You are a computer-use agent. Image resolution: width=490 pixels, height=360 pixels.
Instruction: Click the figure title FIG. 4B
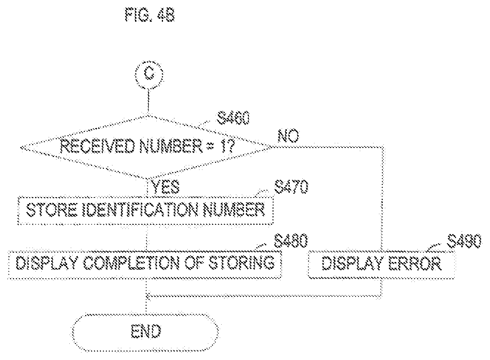point(150,14)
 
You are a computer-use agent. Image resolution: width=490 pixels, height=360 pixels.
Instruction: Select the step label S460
point(233,118)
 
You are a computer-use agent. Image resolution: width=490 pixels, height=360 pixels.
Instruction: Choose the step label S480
point(291,241)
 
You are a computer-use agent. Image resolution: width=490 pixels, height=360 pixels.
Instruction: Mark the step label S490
point(464,241)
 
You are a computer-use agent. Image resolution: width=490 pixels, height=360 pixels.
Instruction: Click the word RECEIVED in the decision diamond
point(97,146)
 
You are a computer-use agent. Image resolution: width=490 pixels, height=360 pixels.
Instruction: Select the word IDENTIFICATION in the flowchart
point(140,210)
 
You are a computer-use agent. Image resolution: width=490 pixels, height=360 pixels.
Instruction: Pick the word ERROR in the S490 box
point(414,263)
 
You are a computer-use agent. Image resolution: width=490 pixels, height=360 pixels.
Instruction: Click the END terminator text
point(146,331)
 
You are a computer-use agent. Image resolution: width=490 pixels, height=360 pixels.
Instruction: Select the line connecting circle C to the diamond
point(149,101)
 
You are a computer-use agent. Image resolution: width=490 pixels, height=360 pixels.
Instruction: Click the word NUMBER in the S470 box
point(234,210)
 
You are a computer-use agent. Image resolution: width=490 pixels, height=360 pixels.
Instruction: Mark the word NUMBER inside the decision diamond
point(171,146)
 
